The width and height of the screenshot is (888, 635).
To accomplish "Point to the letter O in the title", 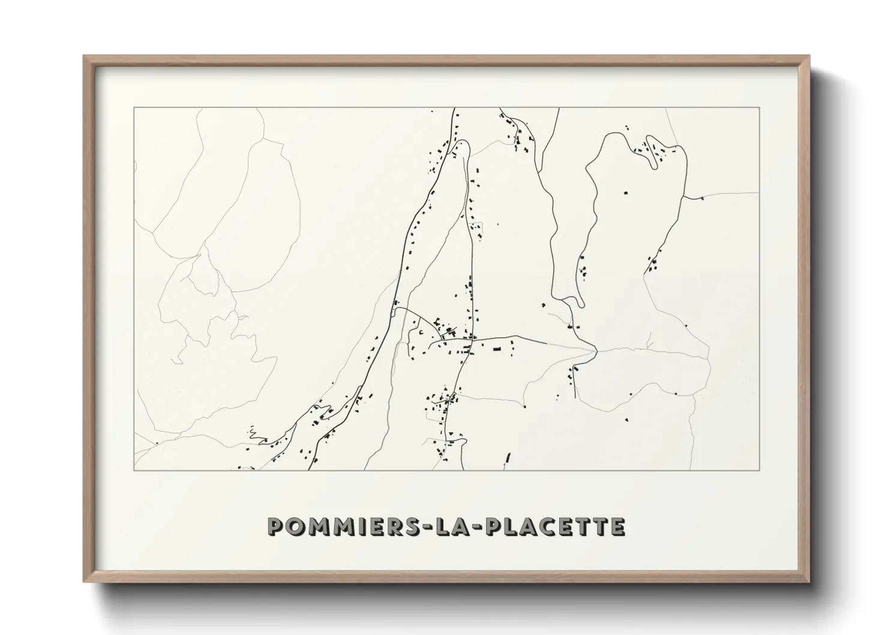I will coord(293,526).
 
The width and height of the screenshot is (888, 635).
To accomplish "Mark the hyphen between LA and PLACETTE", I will coord(473,527).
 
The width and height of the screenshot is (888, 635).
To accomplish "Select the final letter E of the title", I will coord(617,526).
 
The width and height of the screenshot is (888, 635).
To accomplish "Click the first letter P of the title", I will coord(275,526).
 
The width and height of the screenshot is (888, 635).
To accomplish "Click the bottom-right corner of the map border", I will coord(760,470).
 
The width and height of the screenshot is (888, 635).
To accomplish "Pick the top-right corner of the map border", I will coord(760,108).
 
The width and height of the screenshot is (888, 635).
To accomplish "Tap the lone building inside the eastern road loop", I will coord(626,193).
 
